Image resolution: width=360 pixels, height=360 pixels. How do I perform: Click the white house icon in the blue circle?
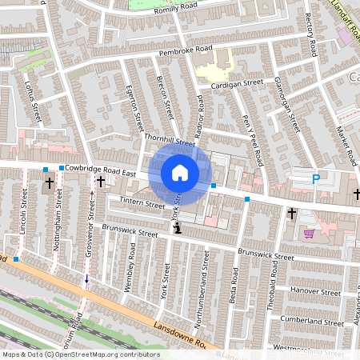coord(180,172)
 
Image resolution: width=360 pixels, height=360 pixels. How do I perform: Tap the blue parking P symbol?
coord(315,179)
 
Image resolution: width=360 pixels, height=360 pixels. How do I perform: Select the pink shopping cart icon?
coord(309,234)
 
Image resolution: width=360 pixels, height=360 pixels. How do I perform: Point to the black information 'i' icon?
coord(177,229)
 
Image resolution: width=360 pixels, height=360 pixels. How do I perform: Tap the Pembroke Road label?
coord(186,52)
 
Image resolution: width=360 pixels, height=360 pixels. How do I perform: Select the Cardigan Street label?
coord(237,82)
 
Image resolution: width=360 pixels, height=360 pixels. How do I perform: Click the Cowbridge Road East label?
coord(102,169)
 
